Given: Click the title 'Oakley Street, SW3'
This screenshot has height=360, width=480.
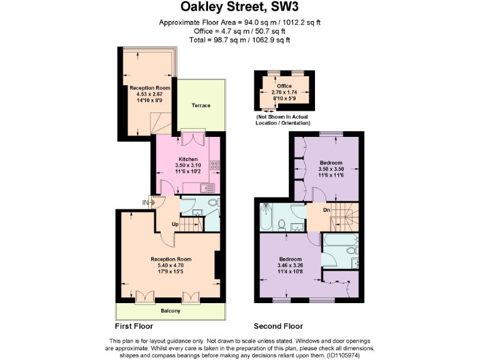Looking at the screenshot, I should pos(239,8).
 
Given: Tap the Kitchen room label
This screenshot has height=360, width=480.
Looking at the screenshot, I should pos(188,159).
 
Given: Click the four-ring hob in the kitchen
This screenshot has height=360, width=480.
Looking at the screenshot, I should pos(214,166).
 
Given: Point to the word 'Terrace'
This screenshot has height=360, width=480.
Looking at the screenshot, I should pos(201,106).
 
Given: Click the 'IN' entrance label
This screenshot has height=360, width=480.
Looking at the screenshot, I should pos(146,202).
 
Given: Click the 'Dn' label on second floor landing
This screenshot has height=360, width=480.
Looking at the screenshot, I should pos(326,210).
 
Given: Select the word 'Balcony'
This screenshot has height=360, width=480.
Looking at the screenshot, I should pos(169,311).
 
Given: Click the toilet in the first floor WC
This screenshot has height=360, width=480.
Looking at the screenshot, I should pos(213,203).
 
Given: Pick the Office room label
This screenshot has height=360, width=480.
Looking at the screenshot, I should pos(284,86).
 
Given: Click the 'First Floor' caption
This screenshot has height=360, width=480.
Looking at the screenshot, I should pos(134,326).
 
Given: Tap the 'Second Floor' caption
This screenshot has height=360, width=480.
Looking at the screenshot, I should pos(278,326).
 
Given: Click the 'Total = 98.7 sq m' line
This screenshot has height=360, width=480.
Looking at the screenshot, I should pos(239,40).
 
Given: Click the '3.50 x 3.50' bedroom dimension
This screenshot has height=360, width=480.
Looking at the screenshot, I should pos(331,169).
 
